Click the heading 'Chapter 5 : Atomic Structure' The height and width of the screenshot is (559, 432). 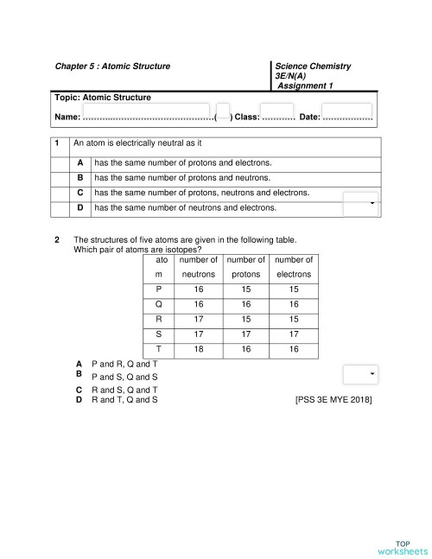pyautogui.click(x=112, y=66)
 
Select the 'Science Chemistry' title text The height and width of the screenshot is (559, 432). pyautogui.click(x=313, y=66)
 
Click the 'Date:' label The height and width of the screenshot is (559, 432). pyautogui.click(x=309, y=117)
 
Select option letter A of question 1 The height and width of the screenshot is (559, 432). pyautogui.click(x=79, y=162)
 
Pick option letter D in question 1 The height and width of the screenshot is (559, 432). pyautogui.click(x=79, y=207)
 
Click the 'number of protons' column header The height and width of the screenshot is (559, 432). pyautogui.click(x=246, y=266)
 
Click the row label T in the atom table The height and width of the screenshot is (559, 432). pyautogui.click(x=158, y=349)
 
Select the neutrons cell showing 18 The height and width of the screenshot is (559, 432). pyautogui.click(x=198, y=349)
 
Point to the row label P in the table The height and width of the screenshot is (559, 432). pyautogui.click(x=158, y=289)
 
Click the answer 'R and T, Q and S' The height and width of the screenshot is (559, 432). pyautogui.click(x=124, y=400)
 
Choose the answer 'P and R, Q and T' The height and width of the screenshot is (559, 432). pyautogui.click(x=124, y=365)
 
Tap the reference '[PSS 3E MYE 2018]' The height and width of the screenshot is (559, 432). pyautogui.click(x=334, y=400)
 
